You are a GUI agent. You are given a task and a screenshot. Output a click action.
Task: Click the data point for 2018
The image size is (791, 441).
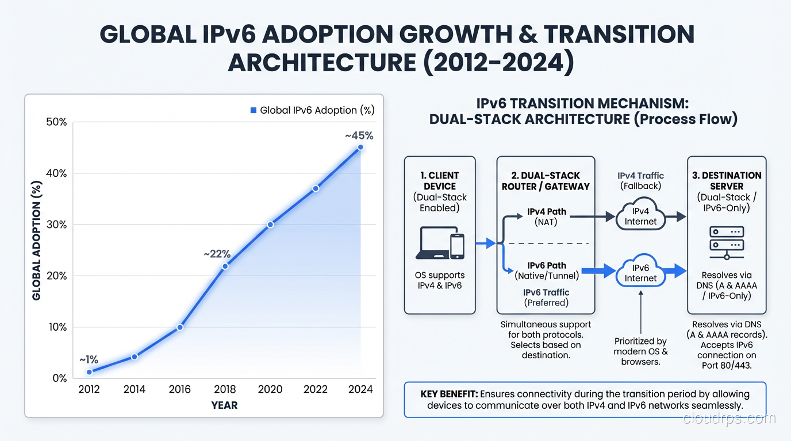pyautogui.click(x=225, y=266)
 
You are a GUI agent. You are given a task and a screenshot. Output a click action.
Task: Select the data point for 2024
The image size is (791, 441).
pyautogui.click(x=360, y=148)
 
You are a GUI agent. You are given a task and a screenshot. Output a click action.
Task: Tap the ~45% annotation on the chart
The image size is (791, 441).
pyautogui.click(x=359, y=136)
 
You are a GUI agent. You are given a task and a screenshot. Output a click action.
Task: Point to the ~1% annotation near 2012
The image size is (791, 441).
pyautogui.click(x=89, y=360)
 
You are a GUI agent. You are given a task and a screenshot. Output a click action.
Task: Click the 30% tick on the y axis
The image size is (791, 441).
pyautogui.click(x=56, y=225)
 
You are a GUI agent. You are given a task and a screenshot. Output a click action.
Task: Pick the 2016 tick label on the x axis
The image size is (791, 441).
pyautogui.click(x=179, y=389)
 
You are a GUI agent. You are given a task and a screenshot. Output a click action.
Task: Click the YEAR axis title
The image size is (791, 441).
pyautogui.click(x=224, y=405)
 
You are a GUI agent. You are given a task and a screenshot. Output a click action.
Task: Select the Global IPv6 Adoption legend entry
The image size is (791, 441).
pyautogui.click(x=312, y=110)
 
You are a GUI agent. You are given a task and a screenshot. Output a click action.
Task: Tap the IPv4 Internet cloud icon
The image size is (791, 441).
pyautogui.click(x=640, y=216)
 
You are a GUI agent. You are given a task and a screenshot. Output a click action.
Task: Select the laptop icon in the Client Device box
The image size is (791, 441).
pyautogui.click(x=431, y=243)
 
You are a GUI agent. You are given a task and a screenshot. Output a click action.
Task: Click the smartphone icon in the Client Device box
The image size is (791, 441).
pyautogui.click(x=456, y=245)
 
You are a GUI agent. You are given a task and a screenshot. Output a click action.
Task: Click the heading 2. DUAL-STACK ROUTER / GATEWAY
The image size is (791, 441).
pyautogui.click(x=546, y=180)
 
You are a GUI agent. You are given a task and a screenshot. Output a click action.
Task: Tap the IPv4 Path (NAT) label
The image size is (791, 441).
pyautogui.click(x=547, y=216)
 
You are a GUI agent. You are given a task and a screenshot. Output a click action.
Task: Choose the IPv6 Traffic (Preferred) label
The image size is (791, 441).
pyautogui.click(x=546, y=297)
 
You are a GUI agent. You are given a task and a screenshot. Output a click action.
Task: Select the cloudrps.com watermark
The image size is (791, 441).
pyautogui.click(x=729, y=419)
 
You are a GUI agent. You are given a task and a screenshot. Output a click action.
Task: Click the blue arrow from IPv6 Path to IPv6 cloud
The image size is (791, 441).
pyautogui.click(x=598, y=270)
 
